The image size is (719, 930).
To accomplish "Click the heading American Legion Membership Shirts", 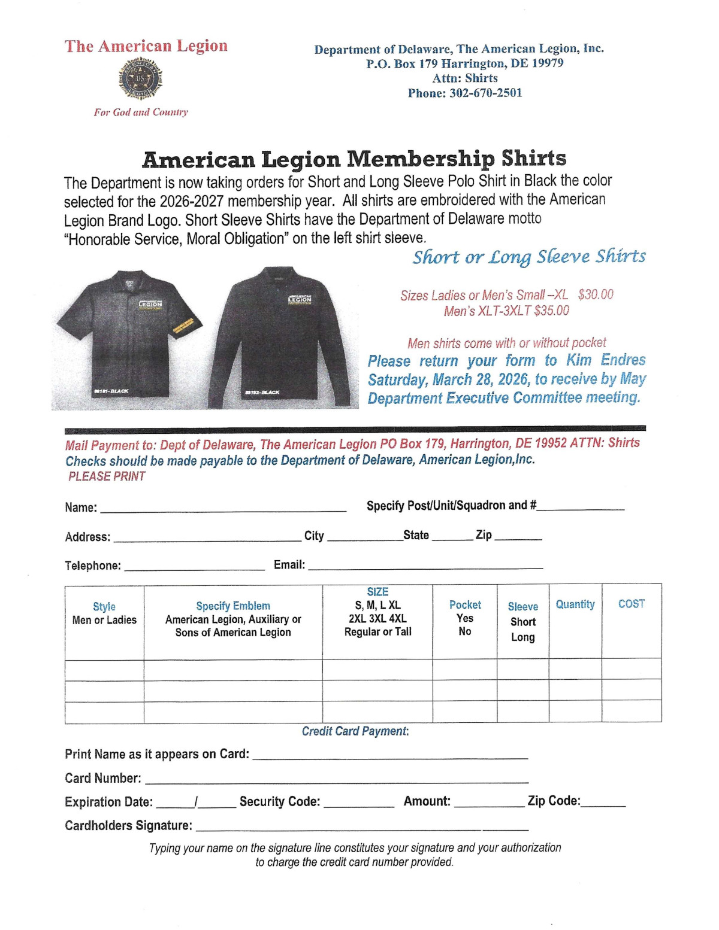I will pos(354,159).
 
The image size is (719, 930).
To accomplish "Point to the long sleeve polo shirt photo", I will pos(283,338).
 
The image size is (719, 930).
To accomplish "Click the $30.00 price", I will pos(596,294).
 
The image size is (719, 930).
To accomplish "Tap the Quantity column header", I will pos(575,604).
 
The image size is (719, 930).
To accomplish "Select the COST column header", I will pos(632,604).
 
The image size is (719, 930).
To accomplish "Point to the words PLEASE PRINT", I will pos(107,476).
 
